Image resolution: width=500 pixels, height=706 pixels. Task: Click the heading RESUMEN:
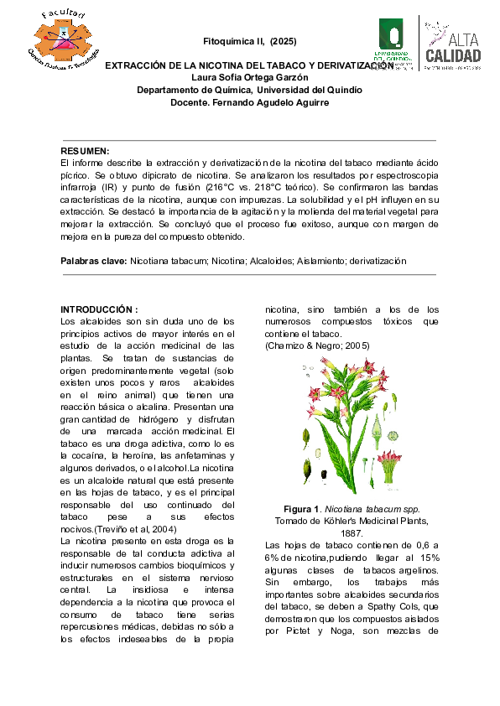pos(86,150)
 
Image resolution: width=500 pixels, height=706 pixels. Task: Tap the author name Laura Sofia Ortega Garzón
pos(249,77)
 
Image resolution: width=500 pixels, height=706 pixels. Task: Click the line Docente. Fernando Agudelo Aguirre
pos(249,102)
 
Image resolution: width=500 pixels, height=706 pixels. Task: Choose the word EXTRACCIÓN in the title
pos(138,65)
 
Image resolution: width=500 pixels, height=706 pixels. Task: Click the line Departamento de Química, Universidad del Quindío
pos(249,90)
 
